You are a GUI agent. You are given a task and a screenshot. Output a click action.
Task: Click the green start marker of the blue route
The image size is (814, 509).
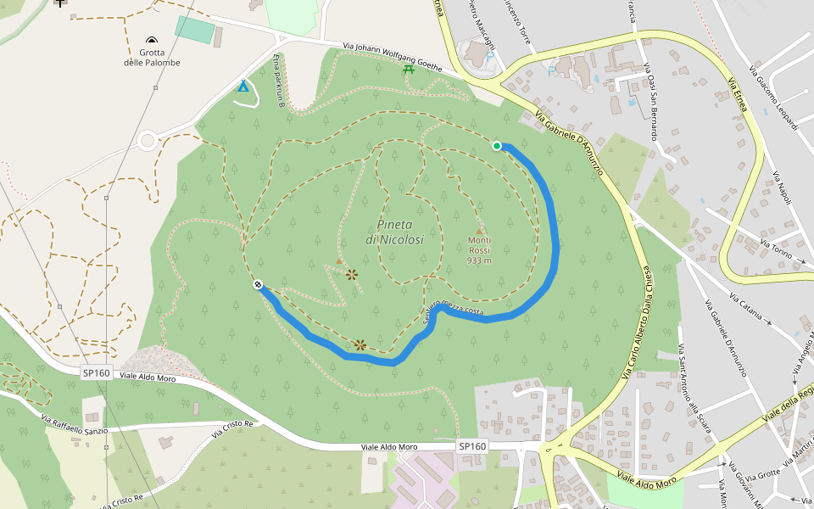(x=497, y=146)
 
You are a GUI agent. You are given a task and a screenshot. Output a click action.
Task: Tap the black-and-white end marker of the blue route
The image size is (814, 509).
(x=257, y=285)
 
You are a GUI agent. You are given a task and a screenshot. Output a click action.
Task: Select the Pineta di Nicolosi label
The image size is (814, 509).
(x=394, y=232)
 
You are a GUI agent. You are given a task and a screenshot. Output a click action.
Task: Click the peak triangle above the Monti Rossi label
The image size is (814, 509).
(x=479, y=230)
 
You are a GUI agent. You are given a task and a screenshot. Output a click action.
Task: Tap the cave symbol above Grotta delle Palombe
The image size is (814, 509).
(x=152, y=41)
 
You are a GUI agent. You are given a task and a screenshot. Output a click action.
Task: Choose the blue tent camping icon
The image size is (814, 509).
(x=243, y=86)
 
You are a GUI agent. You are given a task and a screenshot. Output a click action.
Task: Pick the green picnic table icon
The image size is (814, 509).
(x=410, y=68)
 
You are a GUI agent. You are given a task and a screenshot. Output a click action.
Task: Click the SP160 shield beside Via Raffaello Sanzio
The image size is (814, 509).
(x=96, y=372)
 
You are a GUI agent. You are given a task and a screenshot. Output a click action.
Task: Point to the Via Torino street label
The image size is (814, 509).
(x=776, y=249)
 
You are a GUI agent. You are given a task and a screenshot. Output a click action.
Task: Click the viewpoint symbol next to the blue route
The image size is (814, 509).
(x=360, y=344)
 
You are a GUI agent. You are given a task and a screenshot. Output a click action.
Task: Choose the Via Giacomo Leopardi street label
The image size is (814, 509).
(x=774, y=98)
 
